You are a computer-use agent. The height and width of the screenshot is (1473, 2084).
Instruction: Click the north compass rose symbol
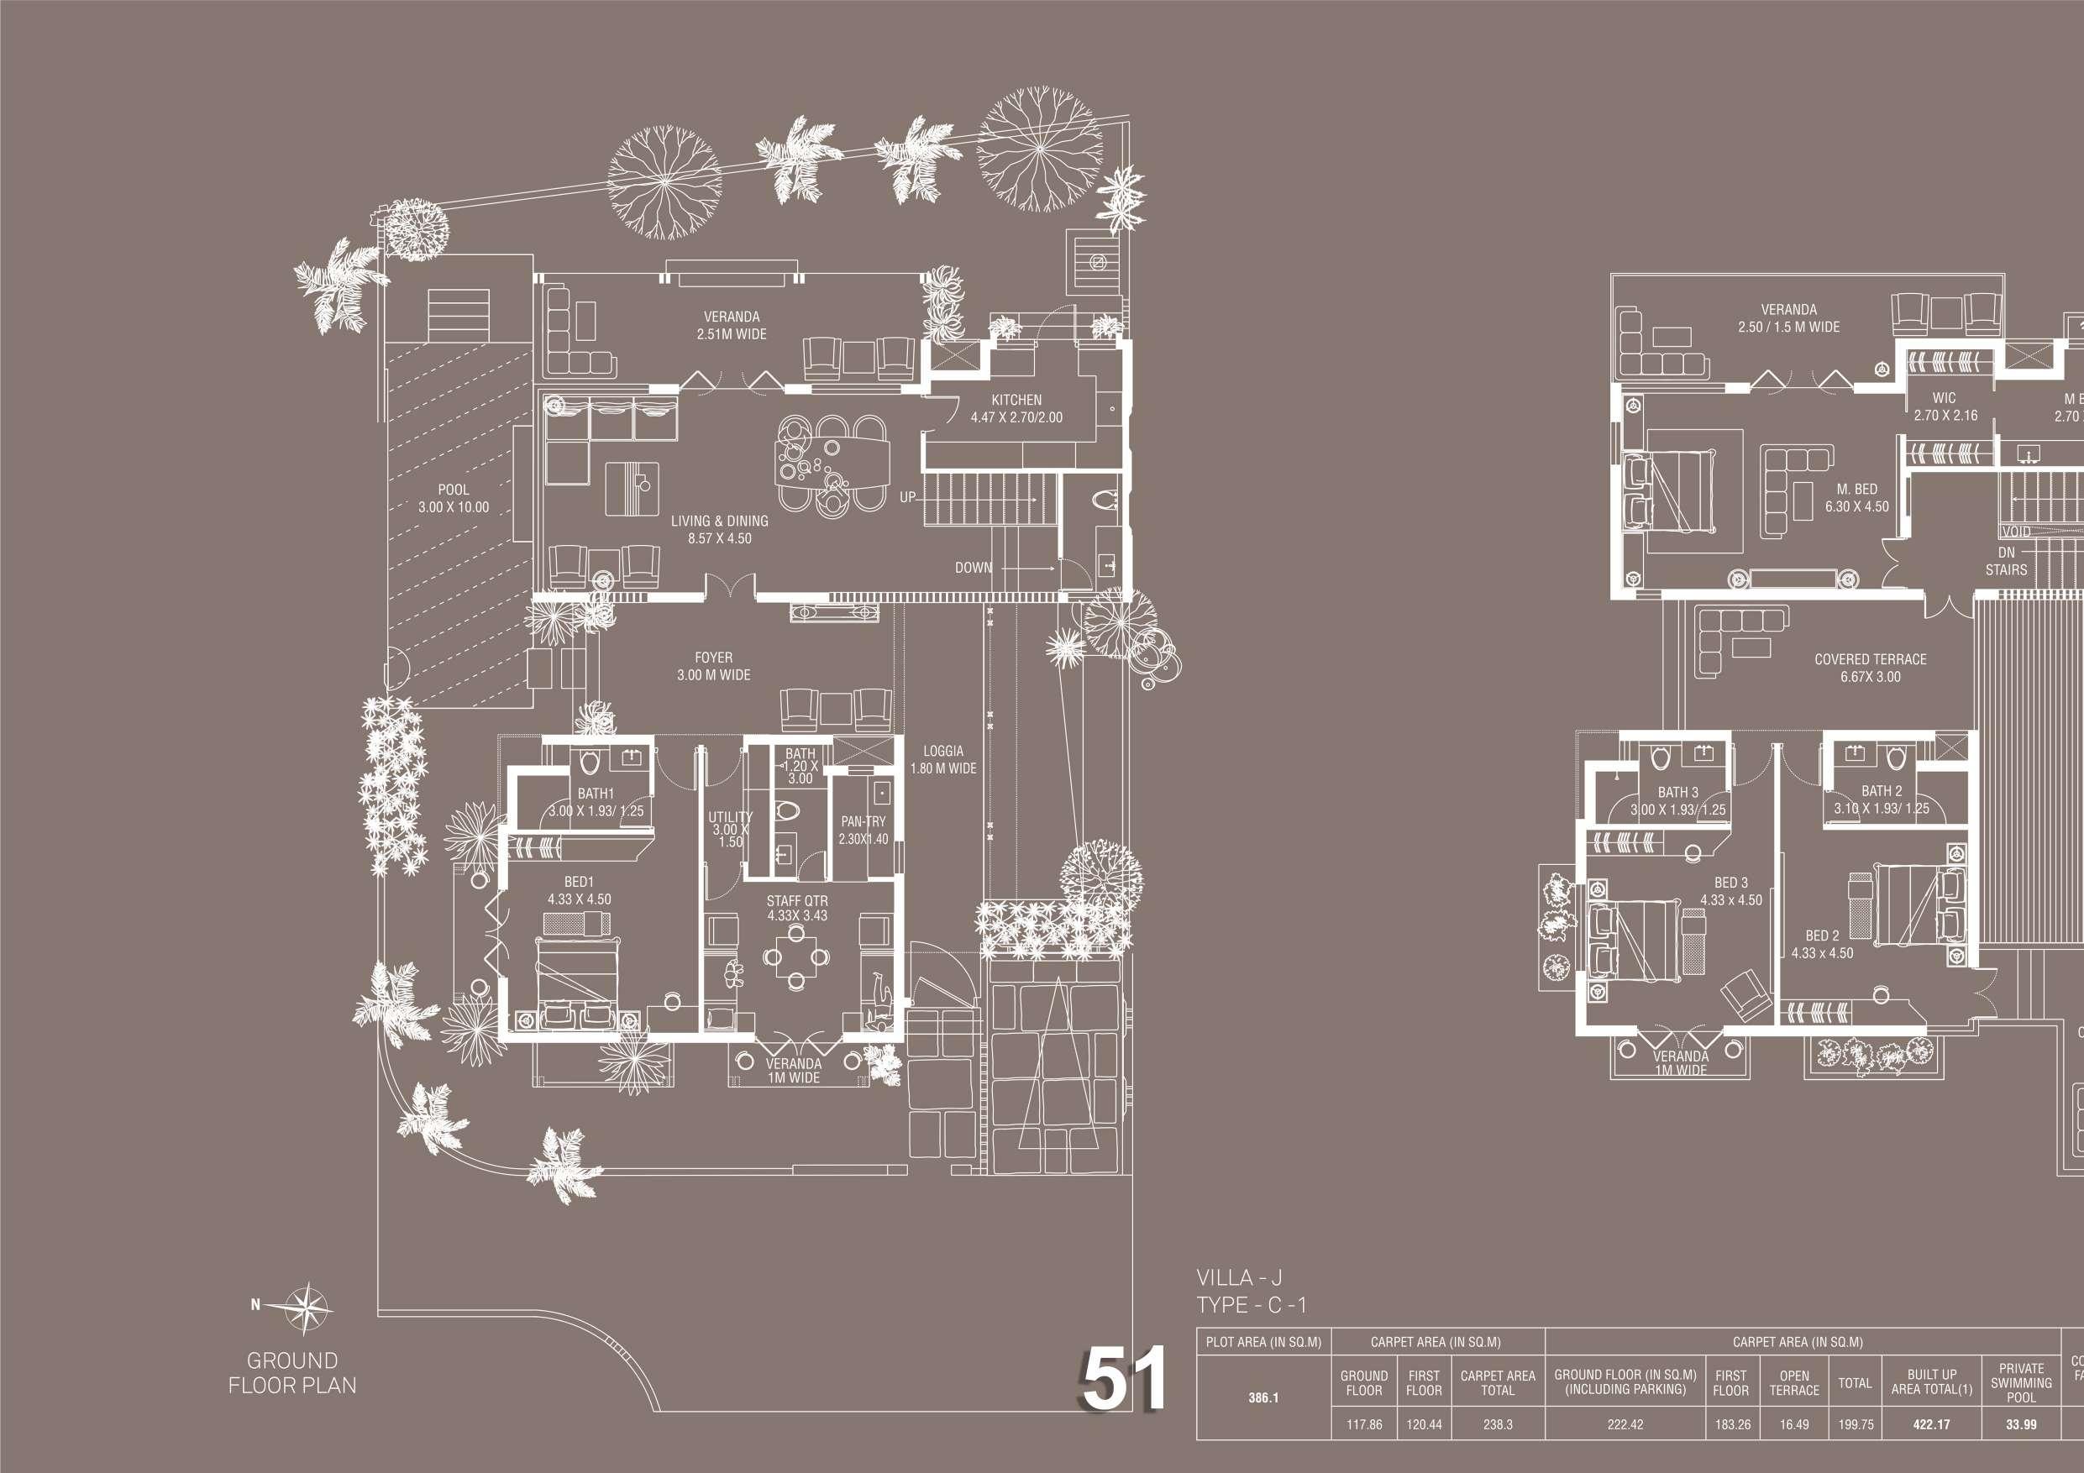(307, 1307)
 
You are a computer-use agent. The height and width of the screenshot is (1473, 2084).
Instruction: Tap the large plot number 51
(1124, 1381)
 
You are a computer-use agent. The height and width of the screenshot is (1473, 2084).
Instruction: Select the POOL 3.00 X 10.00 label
(453, 498)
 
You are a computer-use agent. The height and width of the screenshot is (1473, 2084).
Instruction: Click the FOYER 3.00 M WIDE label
(713, 666)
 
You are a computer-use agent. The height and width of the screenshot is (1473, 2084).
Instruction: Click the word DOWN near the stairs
(973, 567)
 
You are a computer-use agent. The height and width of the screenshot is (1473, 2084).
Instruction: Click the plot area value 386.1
(1262, 1397)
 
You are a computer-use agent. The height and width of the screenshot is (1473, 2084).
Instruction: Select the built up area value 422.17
(1930, 1424)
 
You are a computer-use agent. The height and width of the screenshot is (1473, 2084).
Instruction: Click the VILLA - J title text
(1239, 1279)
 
